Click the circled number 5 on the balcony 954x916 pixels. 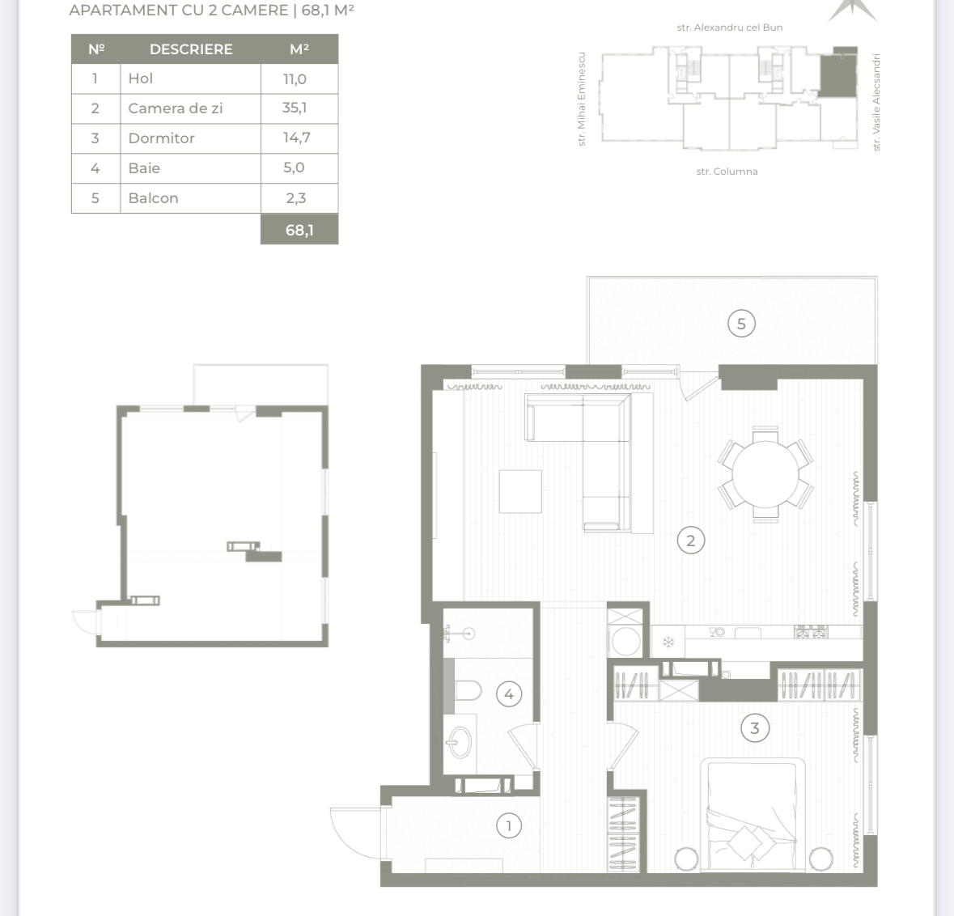click(x=741, y=324)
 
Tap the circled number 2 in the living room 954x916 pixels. click(x=690, y=541)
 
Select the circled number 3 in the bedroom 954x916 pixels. click(x=754, y=728)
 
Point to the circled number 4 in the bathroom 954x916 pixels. click(x=509, y=693)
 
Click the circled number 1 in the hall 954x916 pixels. click(x=509, y=826)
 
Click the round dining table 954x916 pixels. click(x=765, y=474)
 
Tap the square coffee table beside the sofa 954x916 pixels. click(x=520, y=491)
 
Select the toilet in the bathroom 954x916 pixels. click(x=467, y=691)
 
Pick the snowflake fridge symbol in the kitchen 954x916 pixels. click(x=668, y=642)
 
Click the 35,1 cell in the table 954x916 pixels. click(x=295, y=108)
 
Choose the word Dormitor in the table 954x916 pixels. click(x=161, y=138)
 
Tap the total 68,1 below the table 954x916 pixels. click(x=299, y=230)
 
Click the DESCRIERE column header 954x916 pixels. click(x=191, y=49)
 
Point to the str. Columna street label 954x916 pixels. click(x=727, y=172)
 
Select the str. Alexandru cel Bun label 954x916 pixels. click(x=730, y=28)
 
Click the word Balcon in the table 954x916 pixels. click(x=153, y=198)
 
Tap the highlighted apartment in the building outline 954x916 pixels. click(x=837, y=73)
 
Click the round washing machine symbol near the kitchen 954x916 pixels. click(x=626, y=642)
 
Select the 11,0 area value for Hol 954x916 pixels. click(x=295, y=78)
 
